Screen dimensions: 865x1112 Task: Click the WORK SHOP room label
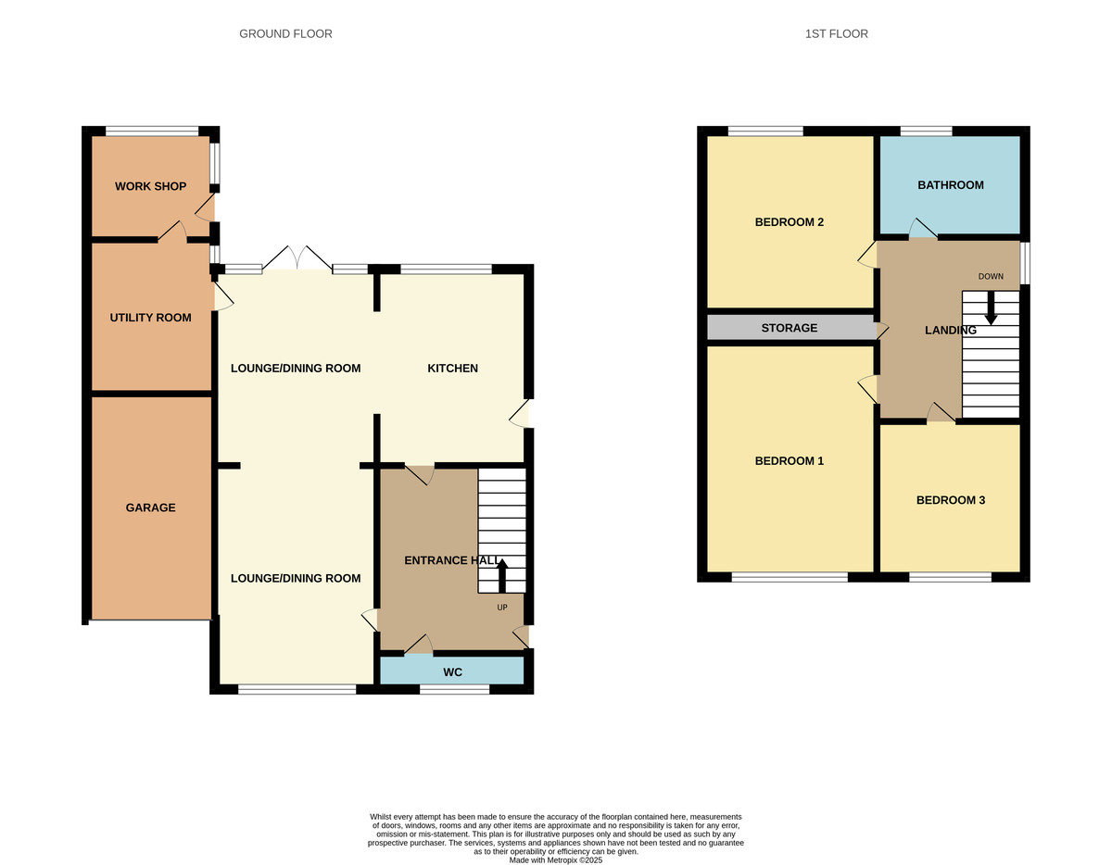[x=150, y=186]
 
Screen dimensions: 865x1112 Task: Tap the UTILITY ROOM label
[x=150, y=318]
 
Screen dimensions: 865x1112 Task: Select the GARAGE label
[x=150, y=508]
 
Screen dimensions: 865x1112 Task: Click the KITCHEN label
[x=452, y=369]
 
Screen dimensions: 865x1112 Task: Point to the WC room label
[x=452, y=671]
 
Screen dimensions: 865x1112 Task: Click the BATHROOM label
[x=950, y=185]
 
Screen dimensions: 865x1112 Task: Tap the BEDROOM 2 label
[x=789, y=222]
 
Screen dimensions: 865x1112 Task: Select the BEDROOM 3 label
[x=950, y=500]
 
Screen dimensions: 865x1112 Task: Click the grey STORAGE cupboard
[x=789, y=328]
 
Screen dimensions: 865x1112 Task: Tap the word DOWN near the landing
[x=991, y=276]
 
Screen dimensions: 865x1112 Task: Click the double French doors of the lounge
[x=297, y=259]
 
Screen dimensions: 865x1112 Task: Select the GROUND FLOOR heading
[x=285, y=34]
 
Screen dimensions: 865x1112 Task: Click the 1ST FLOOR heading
[x=836, y=34]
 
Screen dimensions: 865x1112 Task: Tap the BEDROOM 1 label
[x=789, y=461]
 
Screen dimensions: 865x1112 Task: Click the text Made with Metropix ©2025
[x=556, y=860]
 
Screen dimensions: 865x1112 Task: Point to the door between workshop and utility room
[x=172, y=232]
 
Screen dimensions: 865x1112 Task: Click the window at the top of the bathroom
[x=926, y=132]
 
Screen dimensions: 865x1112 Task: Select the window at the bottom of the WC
[x=453, y=689]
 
